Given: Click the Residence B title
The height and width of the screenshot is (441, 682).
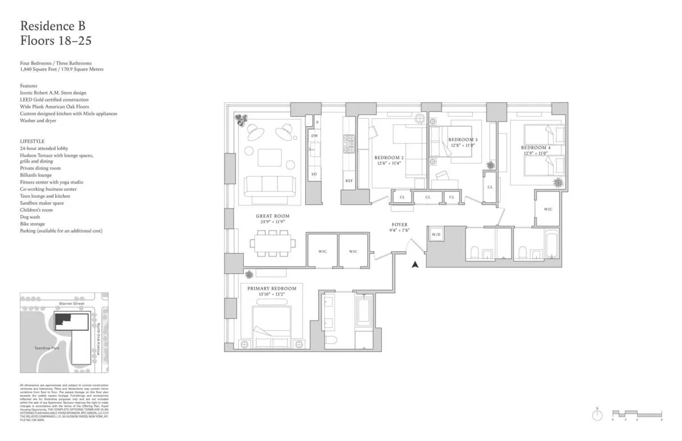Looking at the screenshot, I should [53, 26].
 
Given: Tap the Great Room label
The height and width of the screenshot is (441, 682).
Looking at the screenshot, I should [272, 216].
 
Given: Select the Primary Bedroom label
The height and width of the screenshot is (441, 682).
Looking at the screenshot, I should [272, 289].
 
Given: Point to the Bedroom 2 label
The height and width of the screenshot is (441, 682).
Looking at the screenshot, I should [389, 157].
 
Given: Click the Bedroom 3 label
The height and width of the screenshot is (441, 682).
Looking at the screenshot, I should [463, 140].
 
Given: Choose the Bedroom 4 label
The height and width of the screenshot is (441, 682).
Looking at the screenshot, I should [536, 148].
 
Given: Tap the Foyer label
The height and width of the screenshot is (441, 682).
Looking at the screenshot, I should [400, 225].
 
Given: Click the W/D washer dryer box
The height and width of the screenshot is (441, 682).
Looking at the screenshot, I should [436, 235].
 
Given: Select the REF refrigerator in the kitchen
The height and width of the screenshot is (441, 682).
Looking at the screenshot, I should [349, 181].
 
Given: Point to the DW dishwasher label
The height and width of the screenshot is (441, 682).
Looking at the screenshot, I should [314, 136].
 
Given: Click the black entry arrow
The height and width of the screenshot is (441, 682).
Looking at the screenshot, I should [415, 264].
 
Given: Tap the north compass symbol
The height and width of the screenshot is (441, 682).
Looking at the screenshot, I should [597, 415].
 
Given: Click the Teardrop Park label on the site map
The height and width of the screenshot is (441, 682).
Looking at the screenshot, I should [46, 348].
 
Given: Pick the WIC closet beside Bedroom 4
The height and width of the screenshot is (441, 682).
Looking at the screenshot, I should [548, 209].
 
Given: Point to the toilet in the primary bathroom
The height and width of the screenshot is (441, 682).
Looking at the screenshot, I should [331, 339].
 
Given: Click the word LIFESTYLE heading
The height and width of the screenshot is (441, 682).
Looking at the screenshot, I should [32, 141].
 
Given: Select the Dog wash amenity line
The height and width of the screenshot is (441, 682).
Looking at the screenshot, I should [30, 217].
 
